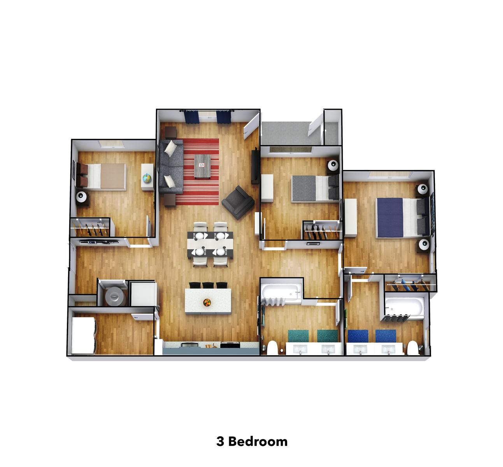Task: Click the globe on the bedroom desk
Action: (147, 178)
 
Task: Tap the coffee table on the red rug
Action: (202, 166)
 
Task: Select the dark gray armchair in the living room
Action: (238, 202)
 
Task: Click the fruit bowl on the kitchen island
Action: (207, 302)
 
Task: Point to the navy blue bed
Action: (403, 218)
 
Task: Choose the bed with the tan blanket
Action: (102, 177)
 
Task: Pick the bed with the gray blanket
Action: (315, 188)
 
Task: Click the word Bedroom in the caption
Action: (258, 441)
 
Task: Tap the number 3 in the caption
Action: (220, 442)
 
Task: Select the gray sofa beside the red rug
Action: (171, 167)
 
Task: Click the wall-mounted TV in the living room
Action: (255, 167)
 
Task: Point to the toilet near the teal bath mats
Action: (272, 348)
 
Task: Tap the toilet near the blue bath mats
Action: (413, 348)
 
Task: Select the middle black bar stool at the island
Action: (208, 285)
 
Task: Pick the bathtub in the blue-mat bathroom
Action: (404, 307)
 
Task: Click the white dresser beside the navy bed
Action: (351, 218)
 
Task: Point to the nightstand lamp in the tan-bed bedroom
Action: (82, 197)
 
